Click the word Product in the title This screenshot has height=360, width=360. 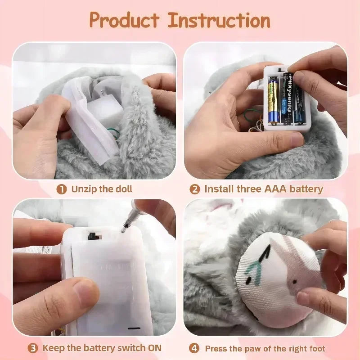tap(124, 20)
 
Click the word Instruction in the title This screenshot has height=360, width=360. tap(219, 20)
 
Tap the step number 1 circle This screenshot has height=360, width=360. tap(61, 189)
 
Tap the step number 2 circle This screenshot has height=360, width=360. tap(194, 189)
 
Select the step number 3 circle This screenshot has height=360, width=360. tap(32, 348)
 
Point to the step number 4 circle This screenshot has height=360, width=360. tap(194, 348)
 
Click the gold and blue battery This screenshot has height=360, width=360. tap(274, 100)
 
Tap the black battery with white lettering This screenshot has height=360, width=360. tap(288, 97)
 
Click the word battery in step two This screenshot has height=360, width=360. tap(306, 189)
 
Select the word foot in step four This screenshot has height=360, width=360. tap(315, 348)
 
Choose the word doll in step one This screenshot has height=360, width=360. tap(123, 189)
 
